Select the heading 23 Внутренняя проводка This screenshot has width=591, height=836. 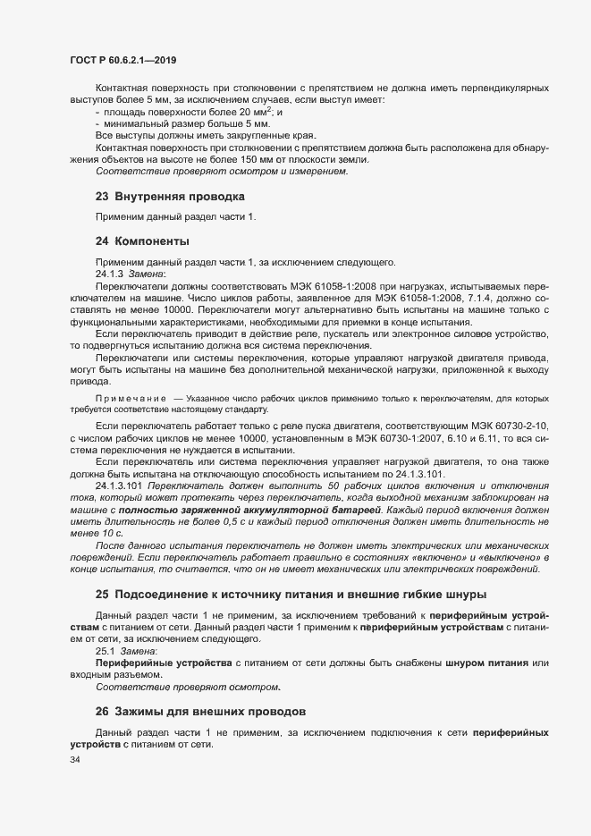pos(170,196)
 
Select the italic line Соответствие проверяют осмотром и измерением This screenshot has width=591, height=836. pos(190,172)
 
